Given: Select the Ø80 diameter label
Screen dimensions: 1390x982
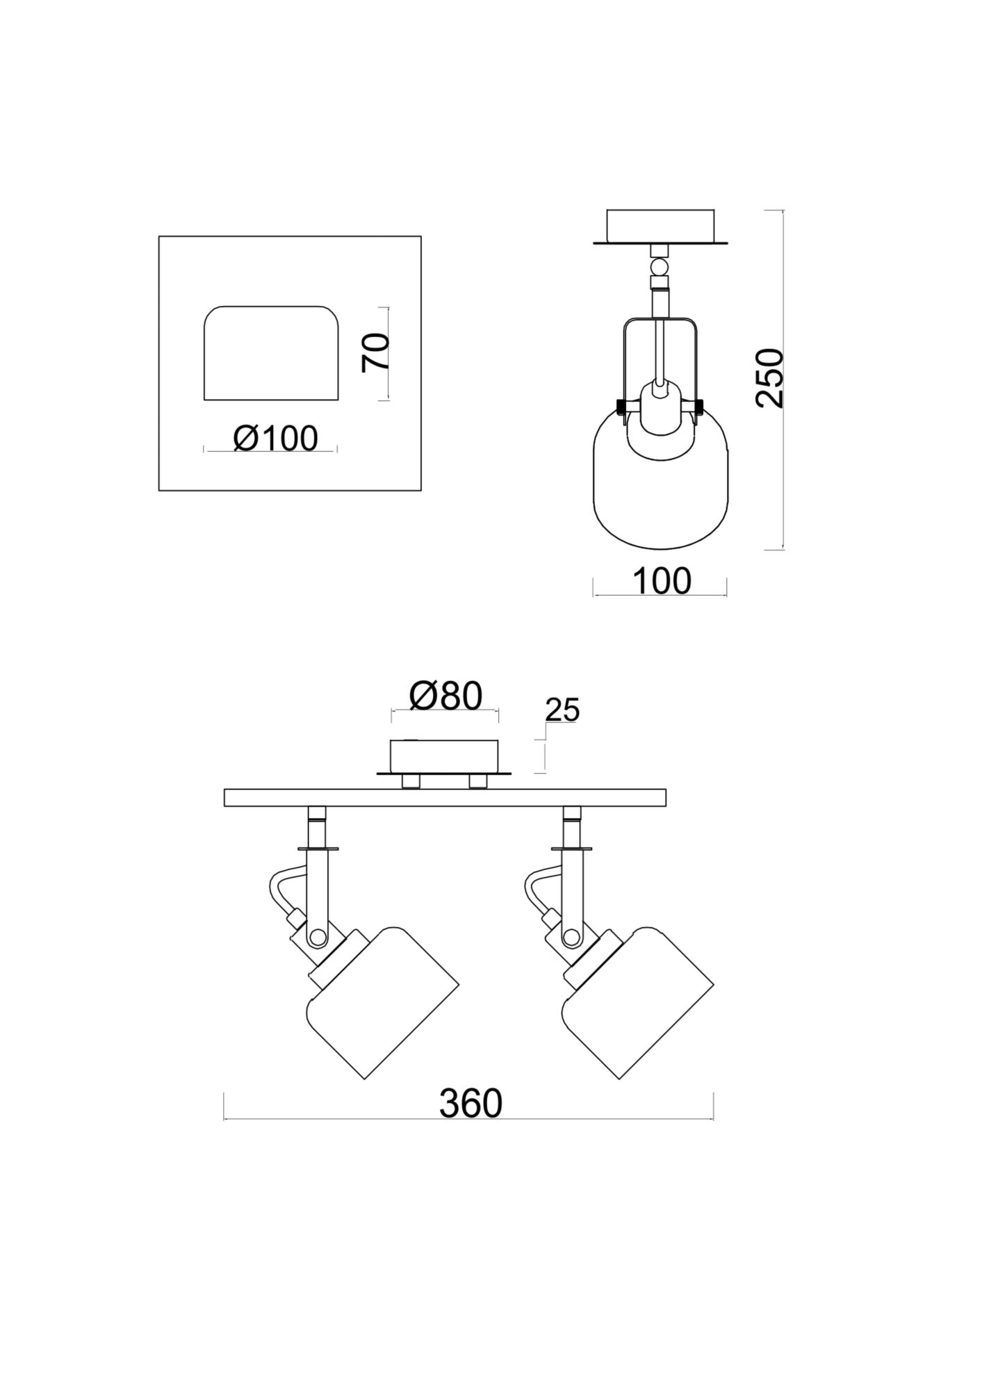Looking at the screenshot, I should [x=445, y=696].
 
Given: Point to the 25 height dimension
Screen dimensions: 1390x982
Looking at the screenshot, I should [x=562, y=710].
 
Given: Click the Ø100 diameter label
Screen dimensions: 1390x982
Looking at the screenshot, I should [x=276, y=439].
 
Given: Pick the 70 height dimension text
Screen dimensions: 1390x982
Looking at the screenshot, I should [x=376, y=353].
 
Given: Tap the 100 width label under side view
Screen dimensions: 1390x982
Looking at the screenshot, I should [x=662, y=582].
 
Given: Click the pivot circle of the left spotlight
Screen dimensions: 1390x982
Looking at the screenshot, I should [x=318, y=938].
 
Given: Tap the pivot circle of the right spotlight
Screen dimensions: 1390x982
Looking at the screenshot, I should [x=572, y=938].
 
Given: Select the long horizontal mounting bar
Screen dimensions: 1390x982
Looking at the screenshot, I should [x=445, y=798].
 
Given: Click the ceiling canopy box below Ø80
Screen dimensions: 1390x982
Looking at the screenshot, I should [x=445, y=755].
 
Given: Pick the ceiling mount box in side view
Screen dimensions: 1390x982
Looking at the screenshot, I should [x=660, y=225].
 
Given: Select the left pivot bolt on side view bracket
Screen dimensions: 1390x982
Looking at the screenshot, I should [x=620, y=404].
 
